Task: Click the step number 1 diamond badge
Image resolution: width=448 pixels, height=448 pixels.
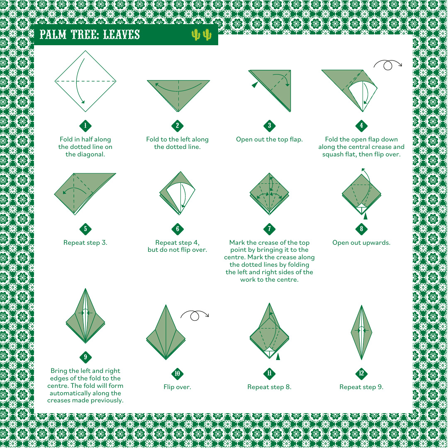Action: [x=85, y=126]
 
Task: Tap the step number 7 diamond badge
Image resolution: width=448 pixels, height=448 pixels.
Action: [x=270, y=229]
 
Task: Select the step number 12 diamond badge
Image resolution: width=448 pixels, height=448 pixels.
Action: [x=361, y=373]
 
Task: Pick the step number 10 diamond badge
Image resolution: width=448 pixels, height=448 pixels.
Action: [x=178, y=373]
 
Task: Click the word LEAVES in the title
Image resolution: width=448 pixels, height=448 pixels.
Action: [x=122, y=34]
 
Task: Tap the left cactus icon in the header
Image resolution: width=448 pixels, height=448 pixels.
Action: [x=196, y=34]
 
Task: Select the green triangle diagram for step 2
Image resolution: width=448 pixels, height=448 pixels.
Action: [x=178, y=96]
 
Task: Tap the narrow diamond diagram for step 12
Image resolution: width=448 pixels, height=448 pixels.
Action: [x=361, y=332]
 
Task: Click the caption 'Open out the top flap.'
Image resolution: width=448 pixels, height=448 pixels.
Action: [x=270, y=139]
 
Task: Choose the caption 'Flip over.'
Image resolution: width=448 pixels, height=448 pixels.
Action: [x=178, y=387]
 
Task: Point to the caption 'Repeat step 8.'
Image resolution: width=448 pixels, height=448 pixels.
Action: [x=270, y=387]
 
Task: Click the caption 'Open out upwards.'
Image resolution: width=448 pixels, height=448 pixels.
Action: [x=361, y=243]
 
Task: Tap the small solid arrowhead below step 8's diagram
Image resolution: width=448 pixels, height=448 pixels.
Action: [x=365, y=216]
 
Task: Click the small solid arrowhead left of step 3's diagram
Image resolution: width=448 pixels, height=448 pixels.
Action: [x=255, y=85]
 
